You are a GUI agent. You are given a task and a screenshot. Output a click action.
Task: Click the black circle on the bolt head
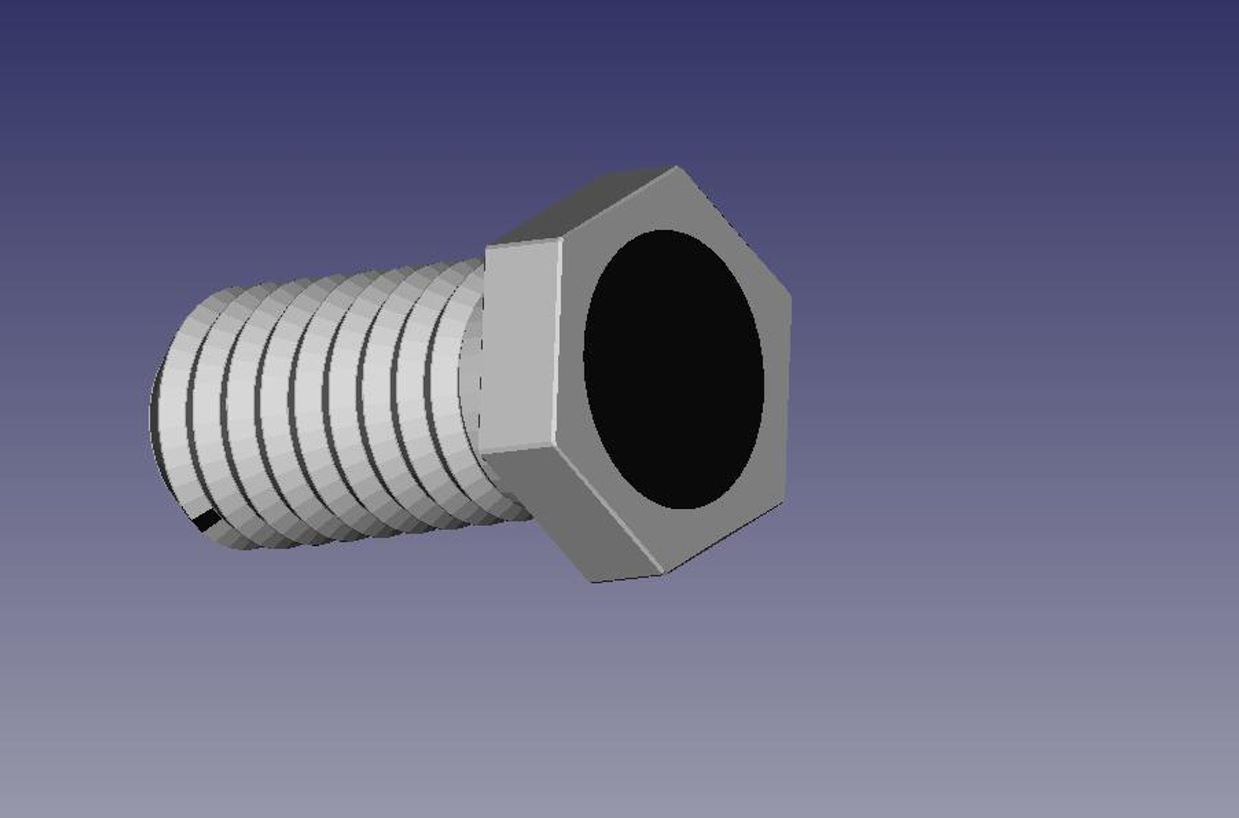click(673, 369)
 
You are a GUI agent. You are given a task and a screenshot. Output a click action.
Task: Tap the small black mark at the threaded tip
click(206, 520)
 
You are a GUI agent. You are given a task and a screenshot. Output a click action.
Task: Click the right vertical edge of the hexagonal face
click(788, 398)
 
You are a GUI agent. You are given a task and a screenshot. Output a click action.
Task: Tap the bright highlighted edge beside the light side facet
click(559, 345)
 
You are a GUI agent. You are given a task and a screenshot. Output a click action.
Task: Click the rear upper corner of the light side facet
click(488, 246)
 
